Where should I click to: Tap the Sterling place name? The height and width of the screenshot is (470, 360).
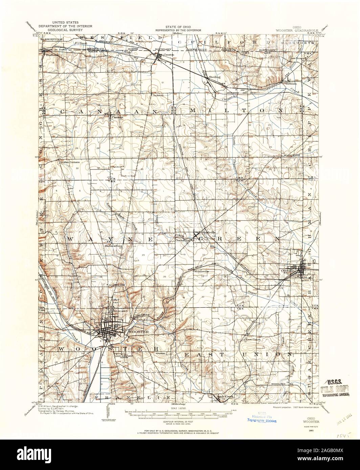click(215, 77)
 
